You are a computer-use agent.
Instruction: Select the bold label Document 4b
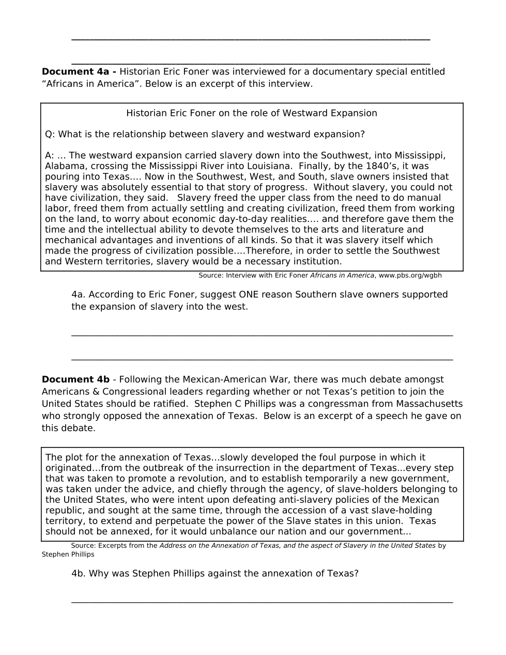75,380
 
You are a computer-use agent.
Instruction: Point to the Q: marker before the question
50,135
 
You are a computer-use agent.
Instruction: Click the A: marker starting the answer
50,156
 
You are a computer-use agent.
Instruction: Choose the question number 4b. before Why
79,574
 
